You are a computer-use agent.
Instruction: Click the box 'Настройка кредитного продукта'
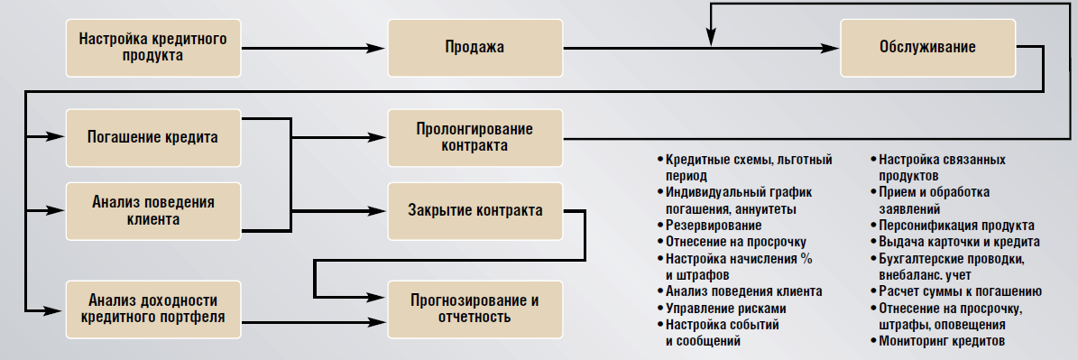pos(152,47)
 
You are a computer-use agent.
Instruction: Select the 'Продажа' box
pos(474,47)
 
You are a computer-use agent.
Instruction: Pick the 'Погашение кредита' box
pos(152,137)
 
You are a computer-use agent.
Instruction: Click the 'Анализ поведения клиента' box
pos(152,210)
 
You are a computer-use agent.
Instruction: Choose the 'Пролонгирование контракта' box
pos(474,137)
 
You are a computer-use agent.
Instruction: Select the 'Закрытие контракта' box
pos(474,210)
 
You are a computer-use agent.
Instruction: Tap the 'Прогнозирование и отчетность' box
pos(474,309)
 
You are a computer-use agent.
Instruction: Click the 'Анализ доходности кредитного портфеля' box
pos(152,309)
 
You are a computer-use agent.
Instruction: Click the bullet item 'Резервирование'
pos(713,226)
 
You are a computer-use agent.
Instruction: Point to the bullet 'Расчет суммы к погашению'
pos(960,291)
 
